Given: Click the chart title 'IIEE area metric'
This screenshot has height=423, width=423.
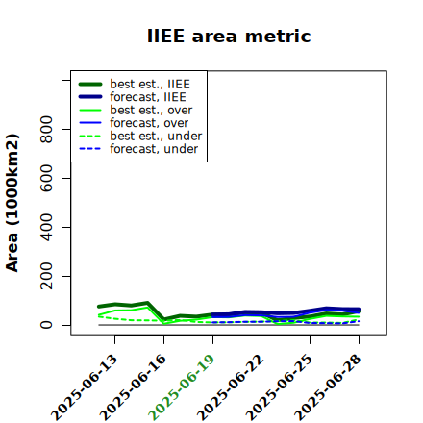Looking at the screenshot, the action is [229, 36].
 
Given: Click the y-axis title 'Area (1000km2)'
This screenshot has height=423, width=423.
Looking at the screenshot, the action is [12, 203].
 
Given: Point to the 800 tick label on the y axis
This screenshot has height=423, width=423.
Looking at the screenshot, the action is [46, 129].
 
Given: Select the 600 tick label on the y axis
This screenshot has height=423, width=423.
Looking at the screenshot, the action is [46, 178].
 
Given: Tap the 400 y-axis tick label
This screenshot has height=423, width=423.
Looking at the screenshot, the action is [46, 227].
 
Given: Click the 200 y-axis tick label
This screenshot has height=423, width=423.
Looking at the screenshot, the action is [46, 276].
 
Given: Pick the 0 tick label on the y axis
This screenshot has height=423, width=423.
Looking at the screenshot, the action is [46, 325].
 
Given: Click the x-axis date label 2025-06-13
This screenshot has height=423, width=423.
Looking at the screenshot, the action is [85, 387].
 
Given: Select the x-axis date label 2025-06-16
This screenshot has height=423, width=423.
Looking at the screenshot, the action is [133, 387].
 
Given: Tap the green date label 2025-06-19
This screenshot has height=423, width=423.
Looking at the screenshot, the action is [182, 387].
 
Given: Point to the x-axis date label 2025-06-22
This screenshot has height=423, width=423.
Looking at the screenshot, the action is [231, 387].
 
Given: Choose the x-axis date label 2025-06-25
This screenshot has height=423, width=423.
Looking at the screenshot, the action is [280, 387].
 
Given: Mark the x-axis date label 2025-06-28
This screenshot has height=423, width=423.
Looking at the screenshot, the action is [328, 387].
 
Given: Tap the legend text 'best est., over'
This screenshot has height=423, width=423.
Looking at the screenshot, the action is [151, 110].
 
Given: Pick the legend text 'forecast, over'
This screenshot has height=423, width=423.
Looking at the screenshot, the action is [149, 123].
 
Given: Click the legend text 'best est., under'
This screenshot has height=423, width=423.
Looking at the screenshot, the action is [156, 136].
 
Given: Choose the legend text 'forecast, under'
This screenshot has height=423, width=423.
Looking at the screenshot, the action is [154, 149].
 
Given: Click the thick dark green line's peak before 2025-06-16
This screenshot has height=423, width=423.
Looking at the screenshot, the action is [147, 303].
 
